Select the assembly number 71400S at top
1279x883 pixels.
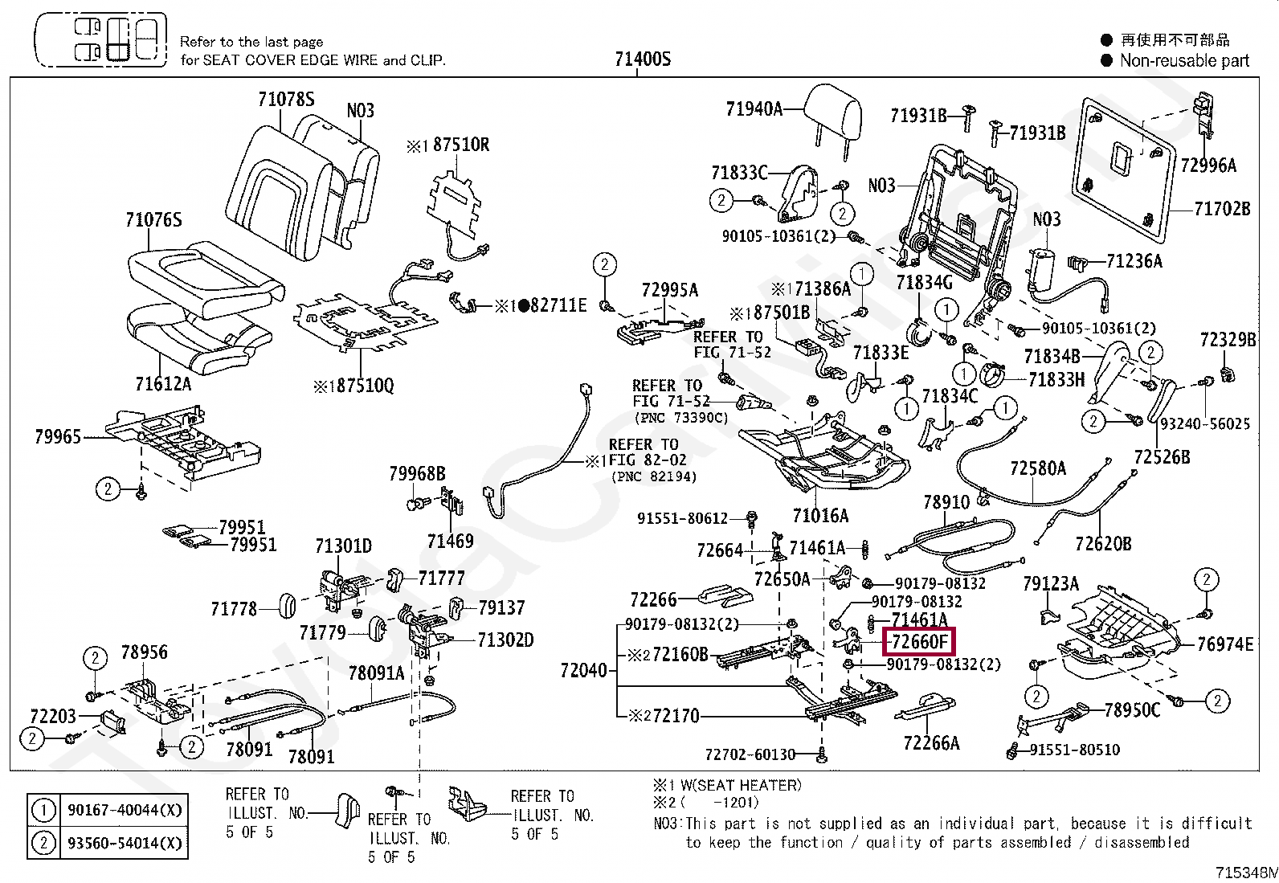[642, 59]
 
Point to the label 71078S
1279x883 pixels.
[286, 99]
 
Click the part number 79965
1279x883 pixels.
[58, 436]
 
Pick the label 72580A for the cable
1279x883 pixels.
[1037, 468]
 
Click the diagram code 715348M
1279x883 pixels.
[1245, 872]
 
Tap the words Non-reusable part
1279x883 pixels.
[1184, 60]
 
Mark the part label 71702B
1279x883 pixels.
[1222, 209]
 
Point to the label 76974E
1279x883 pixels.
[1224, 644]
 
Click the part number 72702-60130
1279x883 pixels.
[750, 754]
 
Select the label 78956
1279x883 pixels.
[145, 652]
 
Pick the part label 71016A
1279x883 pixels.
[820, 515]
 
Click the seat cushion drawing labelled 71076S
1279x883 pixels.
[205, 277]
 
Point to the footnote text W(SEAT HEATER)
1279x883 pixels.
[738, 785]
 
